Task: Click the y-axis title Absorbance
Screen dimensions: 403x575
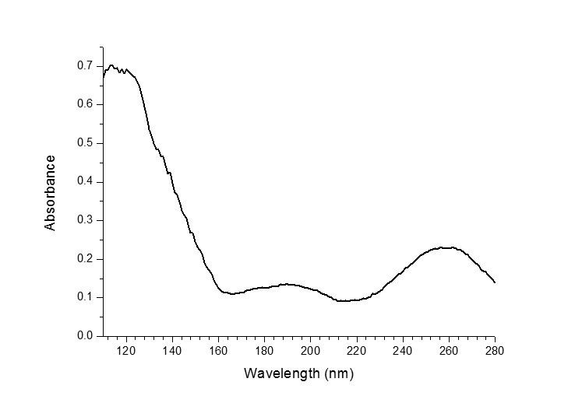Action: click(51, 192)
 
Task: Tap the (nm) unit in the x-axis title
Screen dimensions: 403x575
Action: click(337, 373)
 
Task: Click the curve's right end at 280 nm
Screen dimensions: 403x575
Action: click(495, 282)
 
